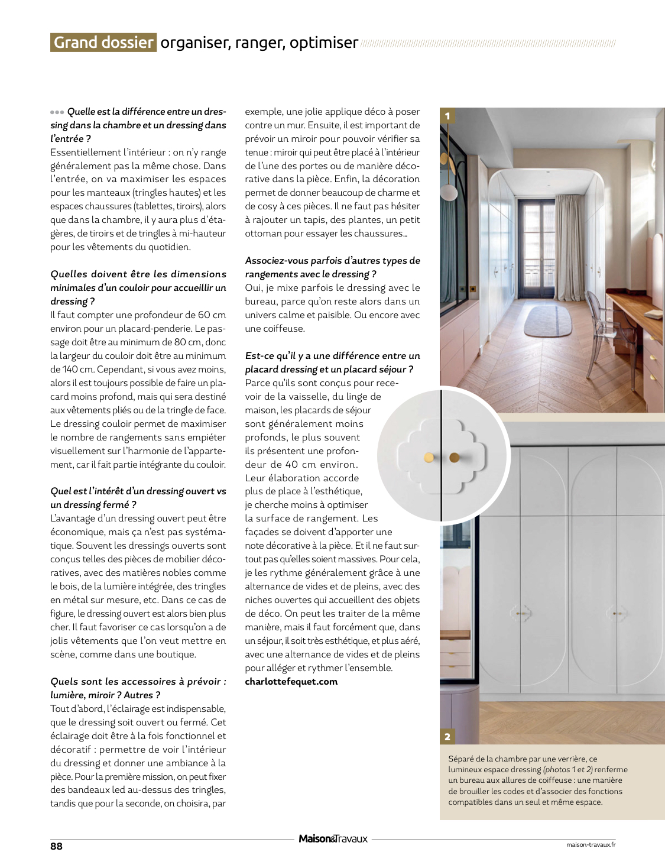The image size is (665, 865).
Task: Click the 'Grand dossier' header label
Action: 103,43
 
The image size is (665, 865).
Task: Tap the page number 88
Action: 56,846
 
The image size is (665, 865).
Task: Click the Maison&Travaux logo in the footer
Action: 333,839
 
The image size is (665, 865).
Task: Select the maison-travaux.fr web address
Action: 591,844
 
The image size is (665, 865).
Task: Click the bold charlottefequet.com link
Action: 291,682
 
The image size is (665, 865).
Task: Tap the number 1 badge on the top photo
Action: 447,116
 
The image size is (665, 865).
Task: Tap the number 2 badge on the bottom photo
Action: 447,736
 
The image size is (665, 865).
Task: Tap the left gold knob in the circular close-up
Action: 429,458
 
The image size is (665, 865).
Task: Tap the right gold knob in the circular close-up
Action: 455,457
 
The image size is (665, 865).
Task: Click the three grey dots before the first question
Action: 57,112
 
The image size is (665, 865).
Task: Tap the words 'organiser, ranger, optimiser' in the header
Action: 259,43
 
